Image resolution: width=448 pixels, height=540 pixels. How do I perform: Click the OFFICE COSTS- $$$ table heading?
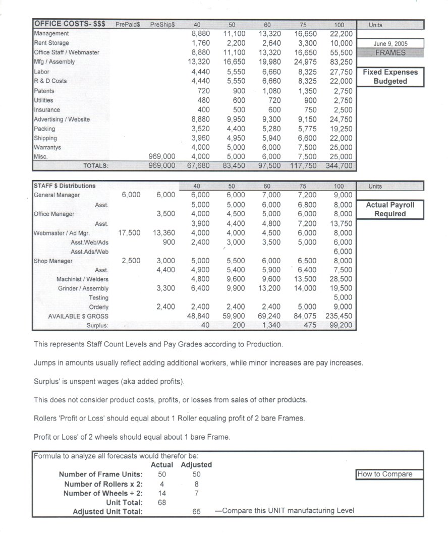pyautogui.click(x=70, y=24)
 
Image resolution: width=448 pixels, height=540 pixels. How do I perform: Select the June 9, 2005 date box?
pyautogui.click(x=389, y=44)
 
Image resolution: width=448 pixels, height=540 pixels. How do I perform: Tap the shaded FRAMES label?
pyautogui.click(x=389, y=52)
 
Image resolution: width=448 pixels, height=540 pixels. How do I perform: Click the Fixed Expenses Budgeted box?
pyautogui.click(x=390, y=77)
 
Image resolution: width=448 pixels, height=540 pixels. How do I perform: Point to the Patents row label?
pyautogui.click(x=44, y=91)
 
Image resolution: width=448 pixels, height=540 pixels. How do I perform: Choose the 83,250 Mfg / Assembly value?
pyautogui.click(x=342, y=62)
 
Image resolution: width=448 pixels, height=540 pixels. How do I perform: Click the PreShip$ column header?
pyautogui.click(x=162, y=25)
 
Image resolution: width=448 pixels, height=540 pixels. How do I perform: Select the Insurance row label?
pyautogui.click(x=47, y=109)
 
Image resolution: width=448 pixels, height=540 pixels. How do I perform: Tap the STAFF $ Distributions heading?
pyautogui.click(x=64, y=186)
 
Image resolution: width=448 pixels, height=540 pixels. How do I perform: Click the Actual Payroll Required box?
pyautogui.click(x=390, y=209)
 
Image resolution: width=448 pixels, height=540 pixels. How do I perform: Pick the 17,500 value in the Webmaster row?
pyautogui.click(x=129, y=233)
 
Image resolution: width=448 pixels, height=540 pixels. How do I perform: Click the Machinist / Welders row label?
pyautogui.click(x=82, y=279)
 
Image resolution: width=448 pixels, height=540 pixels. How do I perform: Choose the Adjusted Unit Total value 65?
pyautogui.click(x=196, y=511)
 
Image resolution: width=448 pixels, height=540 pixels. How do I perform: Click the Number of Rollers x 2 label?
pyautogui.click(x=103, y=484)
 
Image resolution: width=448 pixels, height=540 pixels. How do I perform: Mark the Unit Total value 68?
pyautogui.click(x=162, y=502)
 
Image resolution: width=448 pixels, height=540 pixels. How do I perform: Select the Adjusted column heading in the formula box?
pyautogui.click(x=196, y=464)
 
